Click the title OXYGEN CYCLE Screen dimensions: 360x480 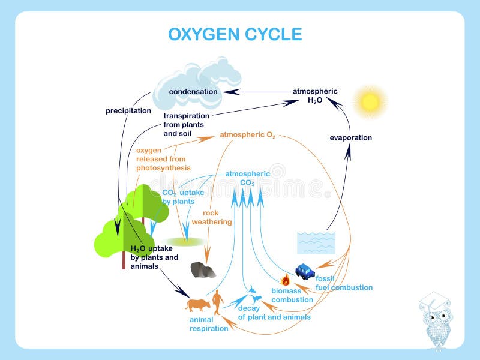click(235, 34)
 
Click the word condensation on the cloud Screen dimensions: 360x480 click(193, 92)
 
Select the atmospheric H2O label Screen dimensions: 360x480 click(315, 96)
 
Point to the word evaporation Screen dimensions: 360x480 click(351, 137)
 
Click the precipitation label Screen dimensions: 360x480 click(128, 110)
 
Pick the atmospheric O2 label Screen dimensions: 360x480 click(247, 136)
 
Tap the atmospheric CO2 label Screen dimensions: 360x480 click(247, 178)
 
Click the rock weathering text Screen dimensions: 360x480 click(217, 217)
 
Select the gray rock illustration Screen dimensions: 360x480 click(203, 270)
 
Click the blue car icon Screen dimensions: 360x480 click(305, 272)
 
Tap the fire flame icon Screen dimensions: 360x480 click(286, 280)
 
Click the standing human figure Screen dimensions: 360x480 click(218, 300)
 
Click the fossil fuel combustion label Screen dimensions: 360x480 click(344, 283)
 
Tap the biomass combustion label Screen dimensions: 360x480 click(292, 295)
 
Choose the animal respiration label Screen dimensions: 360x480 click(209, 324)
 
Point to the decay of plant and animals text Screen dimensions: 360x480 click(274, 313)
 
